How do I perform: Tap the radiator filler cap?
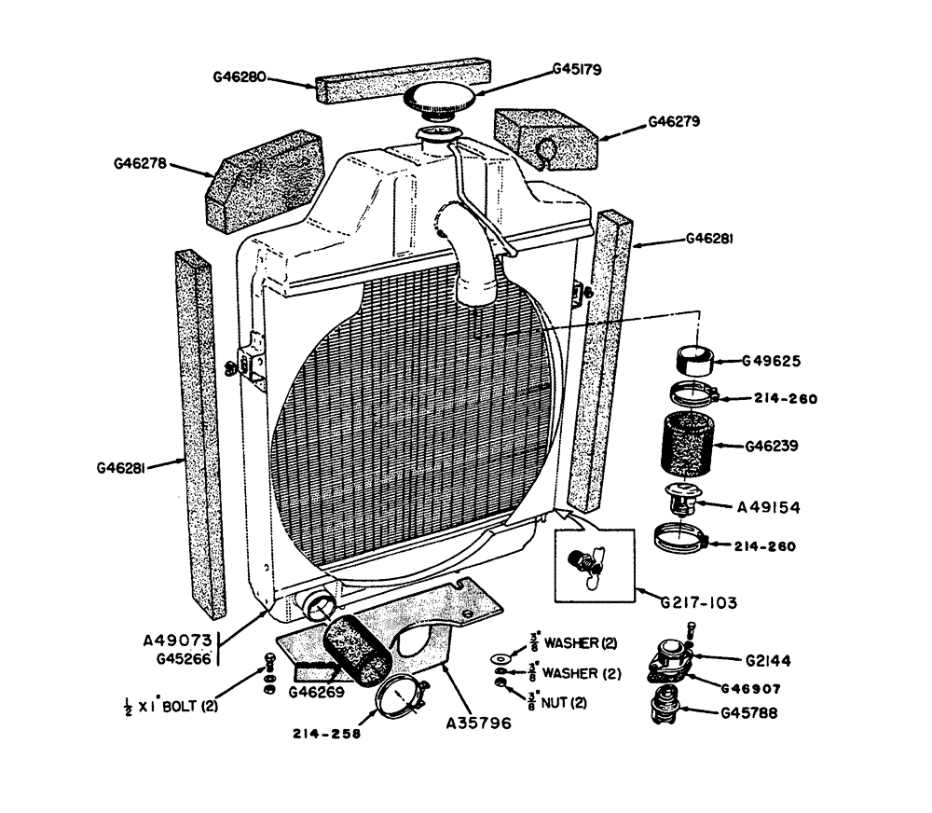pos(441,100)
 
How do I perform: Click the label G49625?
pos(772,361)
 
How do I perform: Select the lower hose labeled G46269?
pos(359,648)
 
